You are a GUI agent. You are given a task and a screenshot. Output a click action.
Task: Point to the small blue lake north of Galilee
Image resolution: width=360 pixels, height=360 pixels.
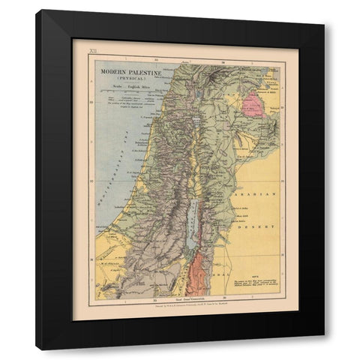tap(197, 98)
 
